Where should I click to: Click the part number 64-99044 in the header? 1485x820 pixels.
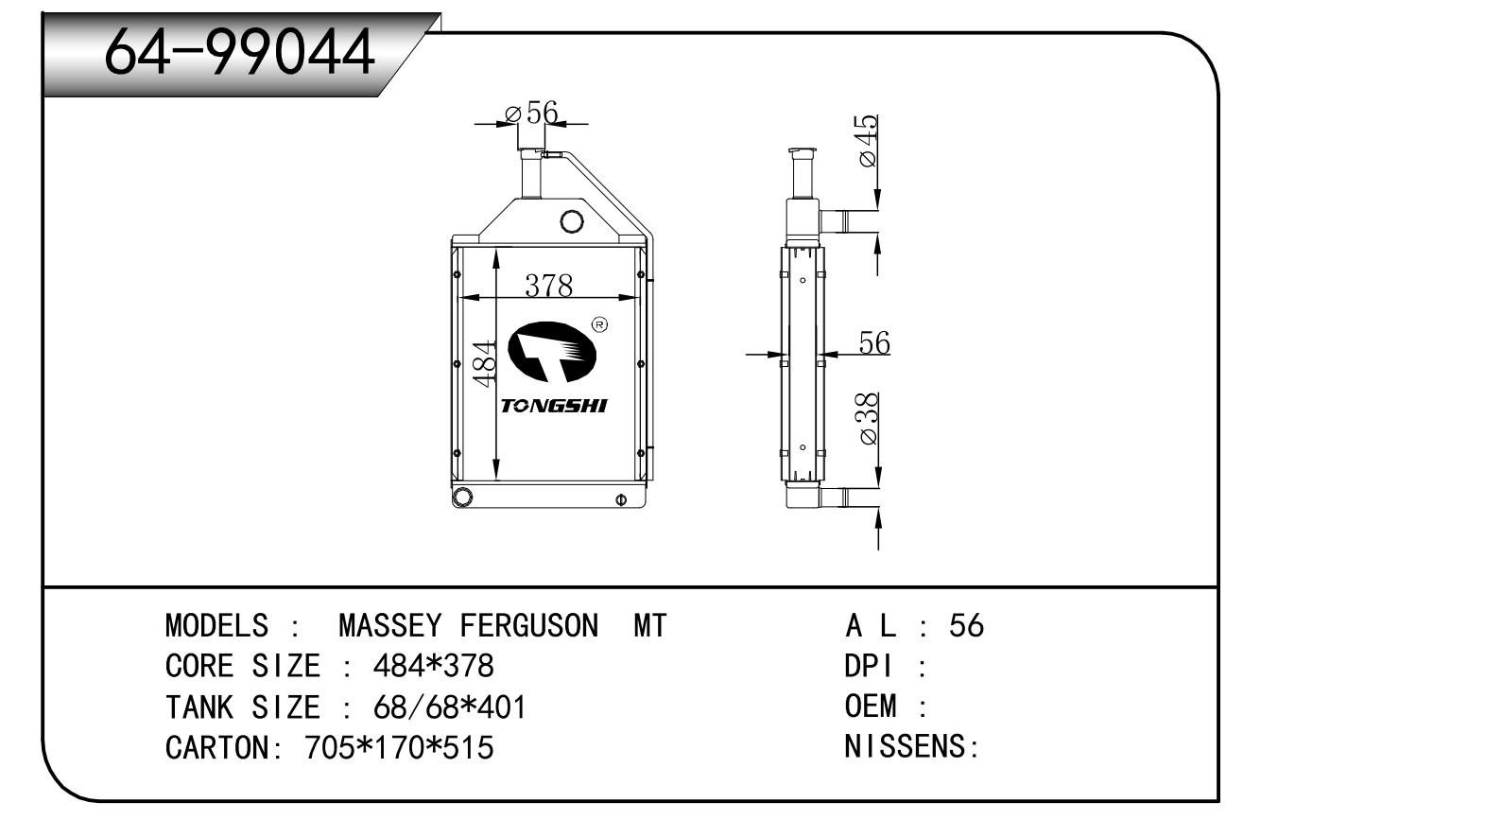(239, 53)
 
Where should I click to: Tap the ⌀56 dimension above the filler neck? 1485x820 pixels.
(531, 113)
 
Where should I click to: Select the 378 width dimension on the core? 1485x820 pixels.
(548, 286)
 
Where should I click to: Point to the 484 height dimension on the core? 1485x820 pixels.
(485, 363)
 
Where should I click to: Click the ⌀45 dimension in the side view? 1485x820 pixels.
(867, 141)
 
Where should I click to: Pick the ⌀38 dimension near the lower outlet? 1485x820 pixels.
(867, 418)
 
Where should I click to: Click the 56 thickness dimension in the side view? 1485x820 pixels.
(873, 343)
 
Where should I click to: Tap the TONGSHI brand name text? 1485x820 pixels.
(554, 406)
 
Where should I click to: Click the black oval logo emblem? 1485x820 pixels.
(552, 352)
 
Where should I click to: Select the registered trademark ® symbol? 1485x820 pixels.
(599, 324)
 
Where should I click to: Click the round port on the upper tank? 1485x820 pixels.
(571, 221)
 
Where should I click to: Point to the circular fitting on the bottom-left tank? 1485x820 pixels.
(462, 496)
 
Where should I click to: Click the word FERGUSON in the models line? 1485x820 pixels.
(529, 625)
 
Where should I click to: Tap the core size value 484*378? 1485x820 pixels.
(434, 666)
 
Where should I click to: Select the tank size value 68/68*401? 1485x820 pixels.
(450, 707)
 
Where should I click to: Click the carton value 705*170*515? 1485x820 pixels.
(399, 748)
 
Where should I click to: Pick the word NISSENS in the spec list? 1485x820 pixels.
(905, 746)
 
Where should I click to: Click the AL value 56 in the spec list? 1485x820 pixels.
(967, 625)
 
